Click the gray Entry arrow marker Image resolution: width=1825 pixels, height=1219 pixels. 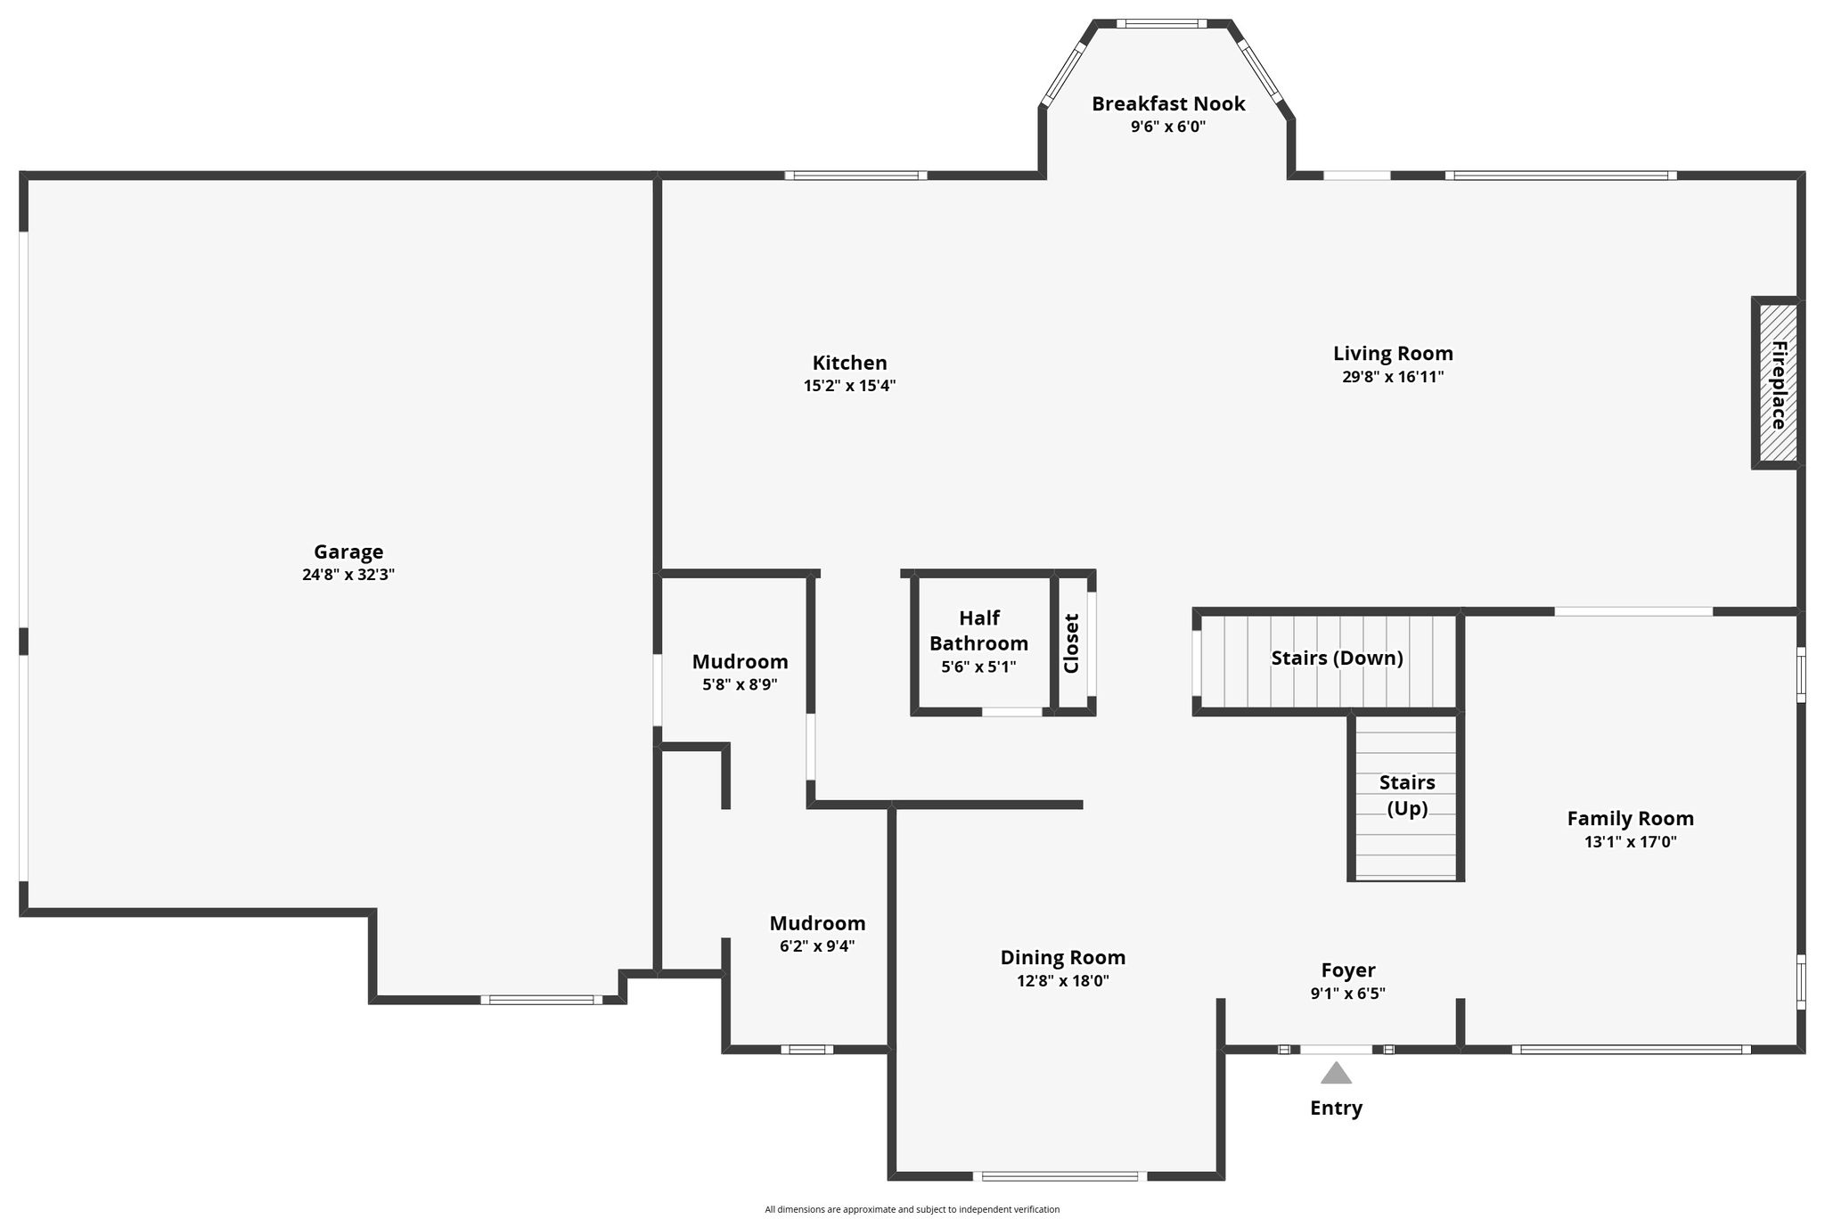point(1336,1073)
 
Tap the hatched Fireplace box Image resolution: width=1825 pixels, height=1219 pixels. point(1778,382)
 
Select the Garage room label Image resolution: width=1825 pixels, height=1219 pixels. point(348,552)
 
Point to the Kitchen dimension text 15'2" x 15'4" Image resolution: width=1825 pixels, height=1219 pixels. point(849,386)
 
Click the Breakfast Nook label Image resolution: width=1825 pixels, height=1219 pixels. point(1168,103)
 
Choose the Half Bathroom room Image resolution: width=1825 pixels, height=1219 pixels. point(980,642)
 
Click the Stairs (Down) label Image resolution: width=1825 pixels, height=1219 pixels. point(1337,658)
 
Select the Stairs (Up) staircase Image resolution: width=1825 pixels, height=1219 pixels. point(1406,796)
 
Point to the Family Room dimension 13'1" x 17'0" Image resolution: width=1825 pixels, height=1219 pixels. point(1631,841)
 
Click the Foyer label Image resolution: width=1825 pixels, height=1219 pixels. point(1348,969)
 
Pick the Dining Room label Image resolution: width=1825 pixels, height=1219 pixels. point(1063,957)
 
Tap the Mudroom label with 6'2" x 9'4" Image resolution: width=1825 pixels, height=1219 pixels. point(817,923)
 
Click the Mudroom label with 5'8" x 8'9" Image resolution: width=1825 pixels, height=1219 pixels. point(740,662)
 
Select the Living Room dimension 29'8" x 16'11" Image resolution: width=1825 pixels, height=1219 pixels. point(1393,376)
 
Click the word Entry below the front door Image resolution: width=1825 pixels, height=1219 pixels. point(1336,1108)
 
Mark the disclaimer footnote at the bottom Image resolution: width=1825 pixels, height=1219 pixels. point(912,1209)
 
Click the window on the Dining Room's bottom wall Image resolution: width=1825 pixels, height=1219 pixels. point(1060,1176)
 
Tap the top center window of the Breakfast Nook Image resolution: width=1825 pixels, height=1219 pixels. point(1161,23)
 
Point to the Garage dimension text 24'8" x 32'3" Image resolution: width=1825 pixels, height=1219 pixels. point(348,575)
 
